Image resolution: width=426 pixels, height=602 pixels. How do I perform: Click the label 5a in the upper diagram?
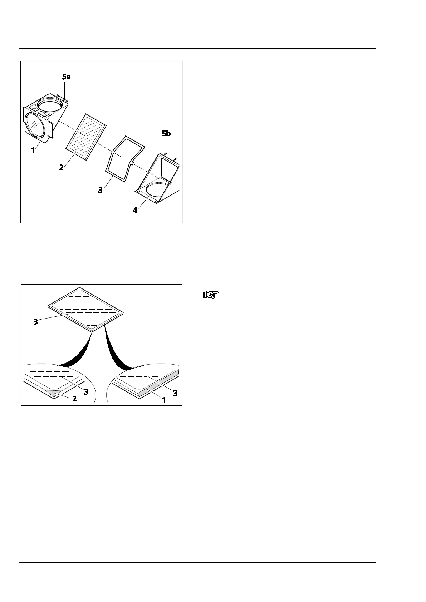tap(66, 77)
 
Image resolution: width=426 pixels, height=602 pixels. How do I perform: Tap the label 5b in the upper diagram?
tap(166, 134)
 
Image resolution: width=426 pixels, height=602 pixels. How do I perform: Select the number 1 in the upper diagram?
tap(33, 150)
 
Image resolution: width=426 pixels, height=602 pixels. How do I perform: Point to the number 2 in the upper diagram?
tap(62, 167)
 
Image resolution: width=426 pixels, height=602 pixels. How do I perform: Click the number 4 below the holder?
tap(135, 210)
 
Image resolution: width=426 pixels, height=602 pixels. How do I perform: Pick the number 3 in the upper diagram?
tap(101, 190)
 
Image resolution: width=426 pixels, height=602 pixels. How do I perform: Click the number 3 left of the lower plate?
tap(35, 322)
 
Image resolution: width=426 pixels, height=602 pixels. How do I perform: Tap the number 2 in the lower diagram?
tap(74, 398)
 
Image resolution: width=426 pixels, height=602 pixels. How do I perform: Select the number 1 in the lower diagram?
tap(164, 400)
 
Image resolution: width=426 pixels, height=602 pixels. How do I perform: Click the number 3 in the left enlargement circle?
tap(86, 392)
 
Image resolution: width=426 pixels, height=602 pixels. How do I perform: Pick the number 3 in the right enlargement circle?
tap(175, 393)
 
